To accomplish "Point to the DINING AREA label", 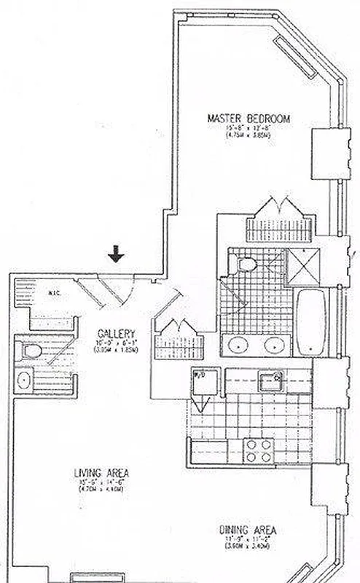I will pos(248,530).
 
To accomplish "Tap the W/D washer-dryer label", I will pos(198,376).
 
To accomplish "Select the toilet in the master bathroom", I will pos(245,264).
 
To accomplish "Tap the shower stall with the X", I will pos(300,263).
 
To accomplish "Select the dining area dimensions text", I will pos(248,543).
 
